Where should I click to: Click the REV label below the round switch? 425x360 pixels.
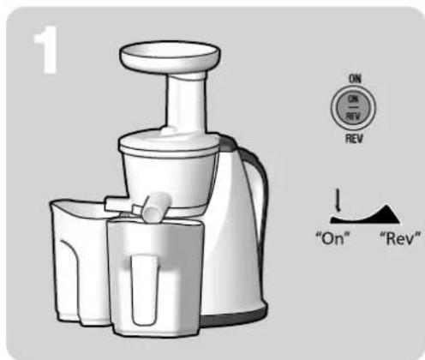click(353, 136)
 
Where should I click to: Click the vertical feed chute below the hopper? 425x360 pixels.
click(179, 103)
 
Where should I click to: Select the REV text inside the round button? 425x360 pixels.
click(353, 111)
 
